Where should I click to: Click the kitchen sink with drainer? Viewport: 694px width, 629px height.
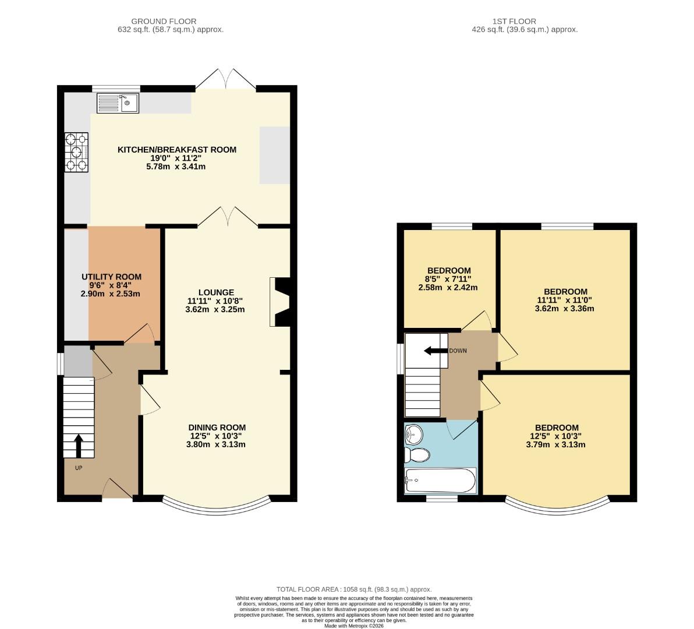118,103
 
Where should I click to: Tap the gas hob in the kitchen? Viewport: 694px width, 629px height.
77,153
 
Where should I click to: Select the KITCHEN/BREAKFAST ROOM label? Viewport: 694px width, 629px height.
177,150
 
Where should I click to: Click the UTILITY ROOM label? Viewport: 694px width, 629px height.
111,277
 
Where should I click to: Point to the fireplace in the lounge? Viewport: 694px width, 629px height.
279,302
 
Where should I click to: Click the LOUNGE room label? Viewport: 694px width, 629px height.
216,292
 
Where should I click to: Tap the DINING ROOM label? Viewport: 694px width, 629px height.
217,427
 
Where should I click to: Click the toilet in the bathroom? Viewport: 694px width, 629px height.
417,454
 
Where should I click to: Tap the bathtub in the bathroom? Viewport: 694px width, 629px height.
441,480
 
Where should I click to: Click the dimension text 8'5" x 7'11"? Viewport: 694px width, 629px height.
448,279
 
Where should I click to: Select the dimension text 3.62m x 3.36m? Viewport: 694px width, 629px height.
565,309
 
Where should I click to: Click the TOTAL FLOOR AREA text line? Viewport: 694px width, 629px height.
354,589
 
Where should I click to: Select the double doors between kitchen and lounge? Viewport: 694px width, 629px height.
228,217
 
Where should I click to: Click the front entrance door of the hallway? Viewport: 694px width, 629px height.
118,489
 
